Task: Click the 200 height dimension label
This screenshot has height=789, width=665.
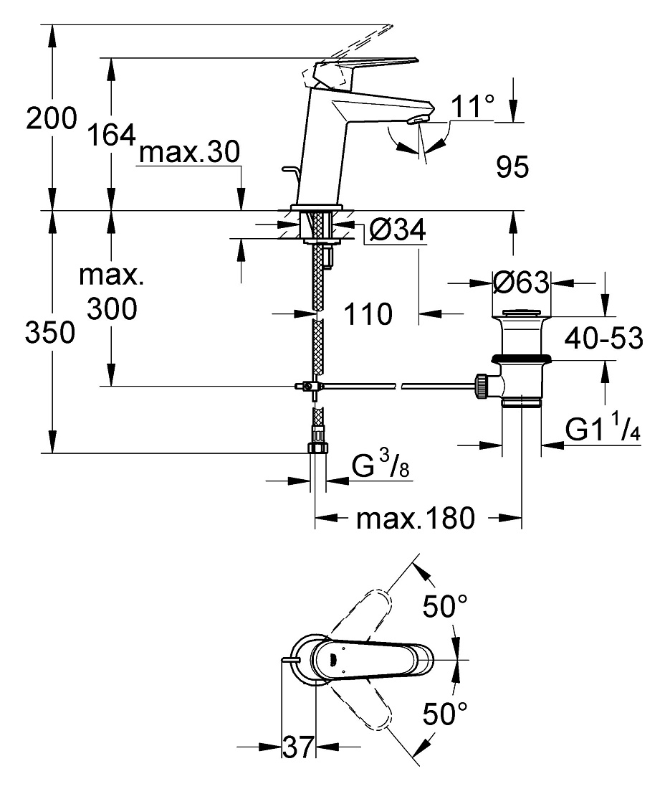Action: pos(52,118)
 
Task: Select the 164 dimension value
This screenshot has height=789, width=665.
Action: pos(112,135)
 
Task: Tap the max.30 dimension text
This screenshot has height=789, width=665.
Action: pos(189,151)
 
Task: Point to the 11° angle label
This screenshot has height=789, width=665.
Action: pos(472,105)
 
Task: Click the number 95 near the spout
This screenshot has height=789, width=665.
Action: pos(512,166)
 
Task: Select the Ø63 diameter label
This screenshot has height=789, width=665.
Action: pos(521,283)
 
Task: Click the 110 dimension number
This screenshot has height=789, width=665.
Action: pos(368,314)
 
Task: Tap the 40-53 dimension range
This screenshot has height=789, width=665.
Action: pos(603,338)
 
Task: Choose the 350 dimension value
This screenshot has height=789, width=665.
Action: pos(50,333)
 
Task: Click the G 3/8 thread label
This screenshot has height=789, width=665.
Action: pos(380,465)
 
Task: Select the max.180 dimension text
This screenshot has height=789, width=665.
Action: pos(415,519)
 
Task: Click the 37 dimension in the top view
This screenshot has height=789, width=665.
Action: pos(298,747)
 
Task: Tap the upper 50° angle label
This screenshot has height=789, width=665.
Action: pos(445,606)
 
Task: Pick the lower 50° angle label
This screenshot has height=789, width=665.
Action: pos(445,713)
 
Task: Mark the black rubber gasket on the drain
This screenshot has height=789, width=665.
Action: pos(522,358)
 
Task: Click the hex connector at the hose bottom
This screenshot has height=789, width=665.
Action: pos(317,448)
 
